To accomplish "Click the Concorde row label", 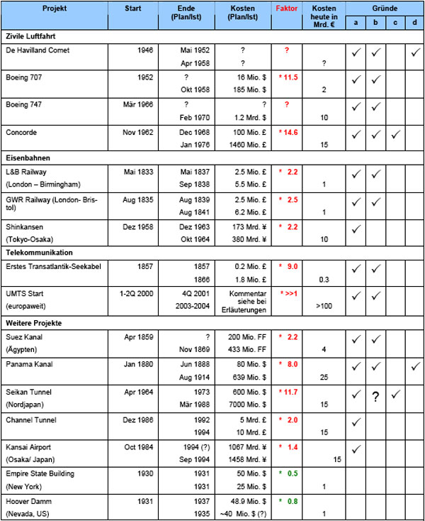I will click(21, 132).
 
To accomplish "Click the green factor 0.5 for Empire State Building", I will click(290, 472).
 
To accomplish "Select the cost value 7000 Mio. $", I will click(241, 402).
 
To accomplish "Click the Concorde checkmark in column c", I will click(395, 134).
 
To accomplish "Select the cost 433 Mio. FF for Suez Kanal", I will click(239, 348).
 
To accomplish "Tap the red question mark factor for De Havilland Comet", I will click(287, 50).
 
